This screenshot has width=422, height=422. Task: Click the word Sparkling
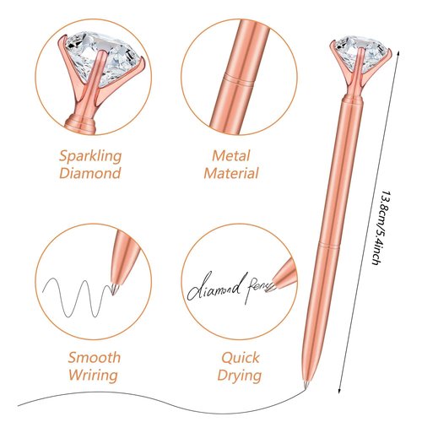pos(90,156)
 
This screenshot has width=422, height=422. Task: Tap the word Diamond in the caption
pos(90,173)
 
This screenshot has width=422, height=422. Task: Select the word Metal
pos(231,156)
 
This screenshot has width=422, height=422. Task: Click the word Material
pos(231,173)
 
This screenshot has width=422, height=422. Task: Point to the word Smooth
pos(95,358)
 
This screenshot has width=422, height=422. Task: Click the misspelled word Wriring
pos(93,376)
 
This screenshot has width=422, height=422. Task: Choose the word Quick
pos(240,358)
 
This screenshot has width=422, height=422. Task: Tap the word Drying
pos(240,376)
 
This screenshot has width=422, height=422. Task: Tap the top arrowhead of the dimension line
pos(398,53)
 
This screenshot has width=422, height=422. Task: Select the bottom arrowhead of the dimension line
pos(340,392)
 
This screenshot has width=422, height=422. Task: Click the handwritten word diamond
pos(215,286)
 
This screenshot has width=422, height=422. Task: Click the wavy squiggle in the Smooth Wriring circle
pos(77,298)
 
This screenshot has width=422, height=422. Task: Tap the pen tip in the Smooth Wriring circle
pos(114,289)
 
